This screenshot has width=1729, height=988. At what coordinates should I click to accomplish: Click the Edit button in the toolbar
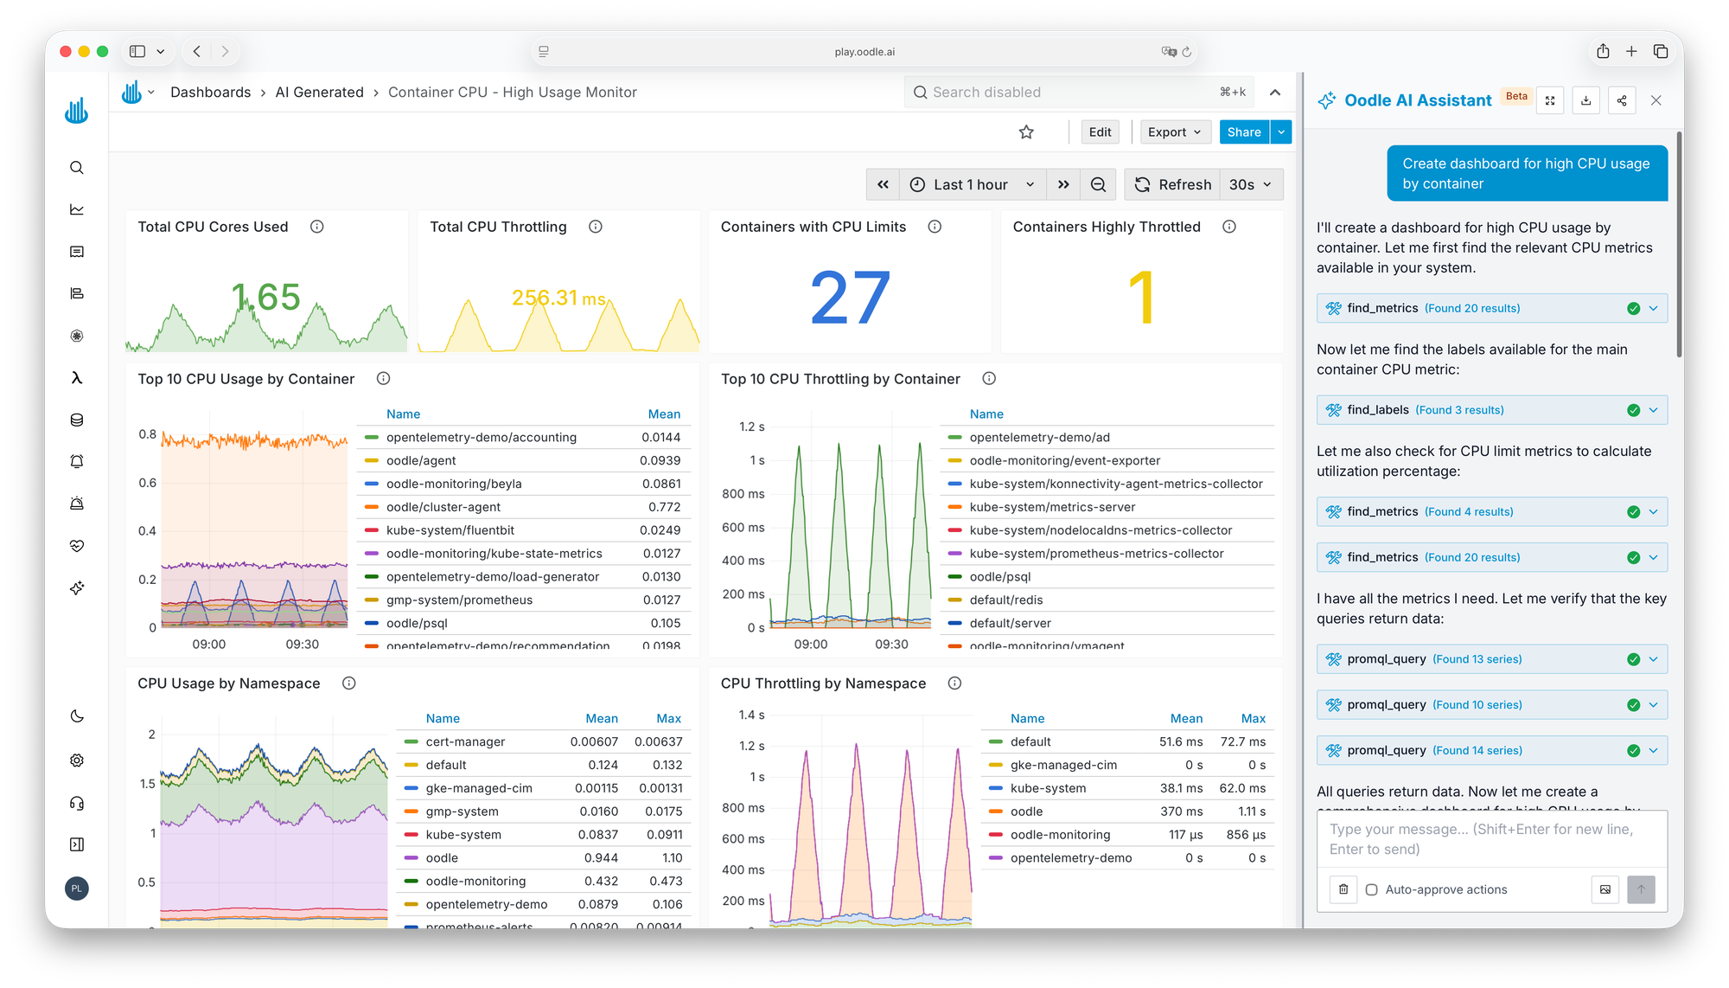[x=1100, y=132]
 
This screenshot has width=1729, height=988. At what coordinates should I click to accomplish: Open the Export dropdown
[x=1174, y=132]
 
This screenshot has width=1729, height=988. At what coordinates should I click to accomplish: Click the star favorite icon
[x=1026, y=132]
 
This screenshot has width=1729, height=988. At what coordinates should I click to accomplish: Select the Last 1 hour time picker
[x=972, y=185]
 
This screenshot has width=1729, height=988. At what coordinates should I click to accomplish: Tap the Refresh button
[x=1173, y=185]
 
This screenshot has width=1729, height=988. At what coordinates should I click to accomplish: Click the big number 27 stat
[x=850, y=298]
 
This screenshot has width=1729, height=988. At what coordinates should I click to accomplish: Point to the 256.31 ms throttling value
[x=558, y=298]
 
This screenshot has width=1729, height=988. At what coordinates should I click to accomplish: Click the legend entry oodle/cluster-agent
[x=443, y=507]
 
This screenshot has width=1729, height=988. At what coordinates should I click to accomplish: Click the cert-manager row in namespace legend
[x=465, y=742]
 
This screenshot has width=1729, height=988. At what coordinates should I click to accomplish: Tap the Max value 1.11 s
[x=1252, y=812]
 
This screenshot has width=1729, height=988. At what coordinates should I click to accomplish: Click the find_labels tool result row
[x=1491, y=410]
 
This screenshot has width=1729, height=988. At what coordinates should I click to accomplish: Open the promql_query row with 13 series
[x=1491, y=659]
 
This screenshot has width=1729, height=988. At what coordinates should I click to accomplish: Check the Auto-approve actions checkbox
[x=1372, y=889]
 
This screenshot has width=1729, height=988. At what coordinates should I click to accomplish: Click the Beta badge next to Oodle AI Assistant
[x=1516, y=97]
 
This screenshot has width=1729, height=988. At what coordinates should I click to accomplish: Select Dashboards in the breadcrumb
[x=210, y=93]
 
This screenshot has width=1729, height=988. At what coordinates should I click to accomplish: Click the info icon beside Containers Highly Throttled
[x=1229, y=227]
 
